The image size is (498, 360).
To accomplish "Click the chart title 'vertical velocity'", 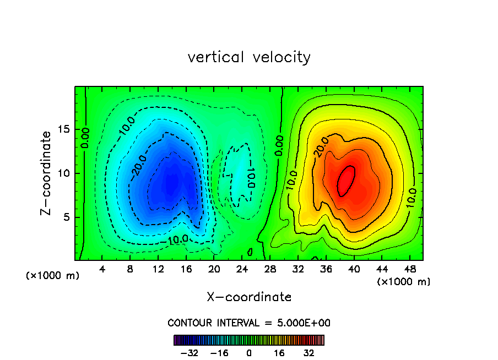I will (x=249, y=57).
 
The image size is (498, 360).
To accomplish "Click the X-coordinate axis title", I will (x=249, y=297).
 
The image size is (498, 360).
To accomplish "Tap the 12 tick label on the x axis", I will (x=158, y=270).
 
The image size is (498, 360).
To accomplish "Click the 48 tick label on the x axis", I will (x=409, y=270).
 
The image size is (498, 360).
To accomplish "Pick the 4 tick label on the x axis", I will (x=102, y=270).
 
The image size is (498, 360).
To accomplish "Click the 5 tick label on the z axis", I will (x=66, y=217).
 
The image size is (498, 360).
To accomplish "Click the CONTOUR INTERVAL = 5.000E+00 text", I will (x=249, y=323).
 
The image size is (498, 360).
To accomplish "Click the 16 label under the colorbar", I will (x=280, y=353).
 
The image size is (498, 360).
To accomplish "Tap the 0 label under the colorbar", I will (x=249, y=353).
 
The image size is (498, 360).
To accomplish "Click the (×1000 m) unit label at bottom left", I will (x=53, y=276).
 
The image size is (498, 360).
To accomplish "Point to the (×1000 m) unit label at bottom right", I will (x=404, y=282).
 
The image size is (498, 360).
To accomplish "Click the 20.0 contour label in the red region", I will (x=322, y=148).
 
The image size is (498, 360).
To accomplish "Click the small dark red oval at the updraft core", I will (x=346, y=181).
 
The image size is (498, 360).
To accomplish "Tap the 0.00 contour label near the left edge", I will (x=85, y=138).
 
